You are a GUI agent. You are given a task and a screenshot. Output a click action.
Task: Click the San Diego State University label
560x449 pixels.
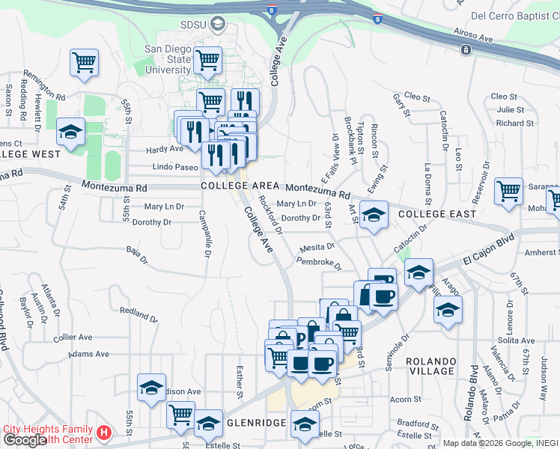click(x=168, y=60)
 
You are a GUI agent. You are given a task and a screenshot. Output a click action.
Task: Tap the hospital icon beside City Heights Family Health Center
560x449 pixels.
click(x=105, y=433)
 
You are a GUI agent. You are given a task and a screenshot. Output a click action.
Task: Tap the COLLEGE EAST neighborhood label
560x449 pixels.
click(x=437, y=214)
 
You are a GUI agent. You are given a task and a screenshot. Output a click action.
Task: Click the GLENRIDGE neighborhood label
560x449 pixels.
click(x=256, y=423)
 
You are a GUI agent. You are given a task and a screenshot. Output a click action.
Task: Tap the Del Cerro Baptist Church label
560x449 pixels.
click(x=511, y=15)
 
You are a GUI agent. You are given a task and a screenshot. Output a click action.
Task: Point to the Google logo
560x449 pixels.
click(x=25, y=440)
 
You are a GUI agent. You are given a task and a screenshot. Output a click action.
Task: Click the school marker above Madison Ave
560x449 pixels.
click(x=151, y=388)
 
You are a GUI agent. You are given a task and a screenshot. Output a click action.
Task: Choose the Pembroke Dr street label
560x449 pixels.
click(x=318, y=263)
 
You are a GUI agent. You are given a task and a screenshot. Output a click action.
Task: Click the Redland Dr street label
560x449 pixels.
click(x=139, y=314)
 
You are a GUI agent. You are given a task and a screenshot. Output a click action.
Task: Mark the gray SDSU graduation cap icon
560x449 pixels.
click(x=219, y=24)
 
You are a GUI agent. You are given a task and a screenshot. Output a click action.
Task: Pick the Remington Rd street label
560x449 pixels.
click(x=45, y=86)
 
